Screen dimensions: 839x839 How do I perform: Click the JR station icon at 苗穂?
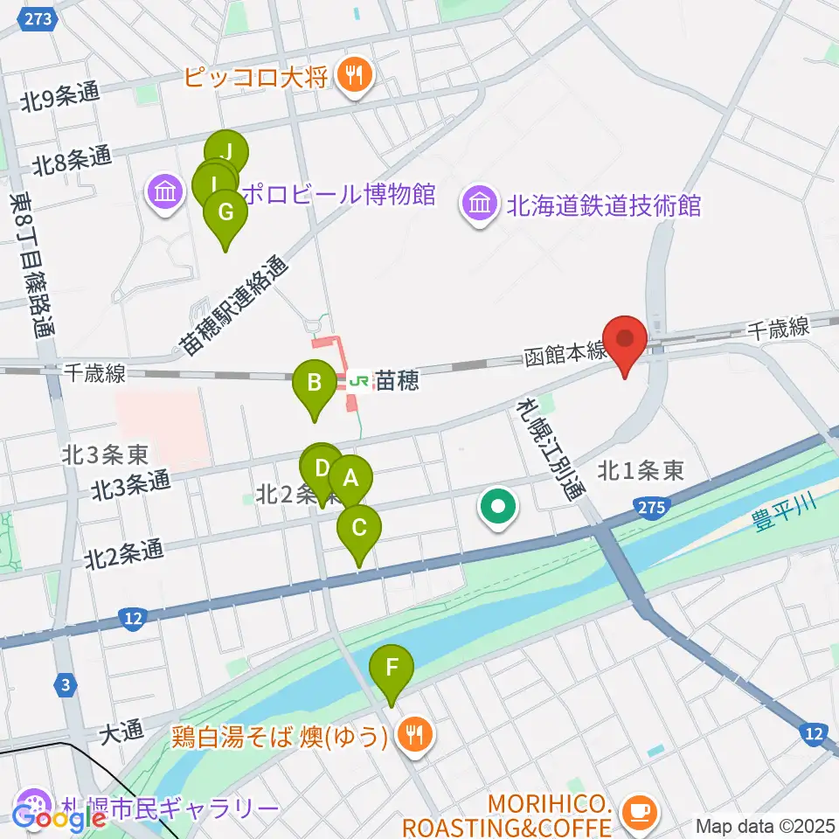pos(358,381)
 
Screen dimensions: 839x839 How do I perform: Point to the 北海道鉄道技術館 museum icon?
pos(480,206)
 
